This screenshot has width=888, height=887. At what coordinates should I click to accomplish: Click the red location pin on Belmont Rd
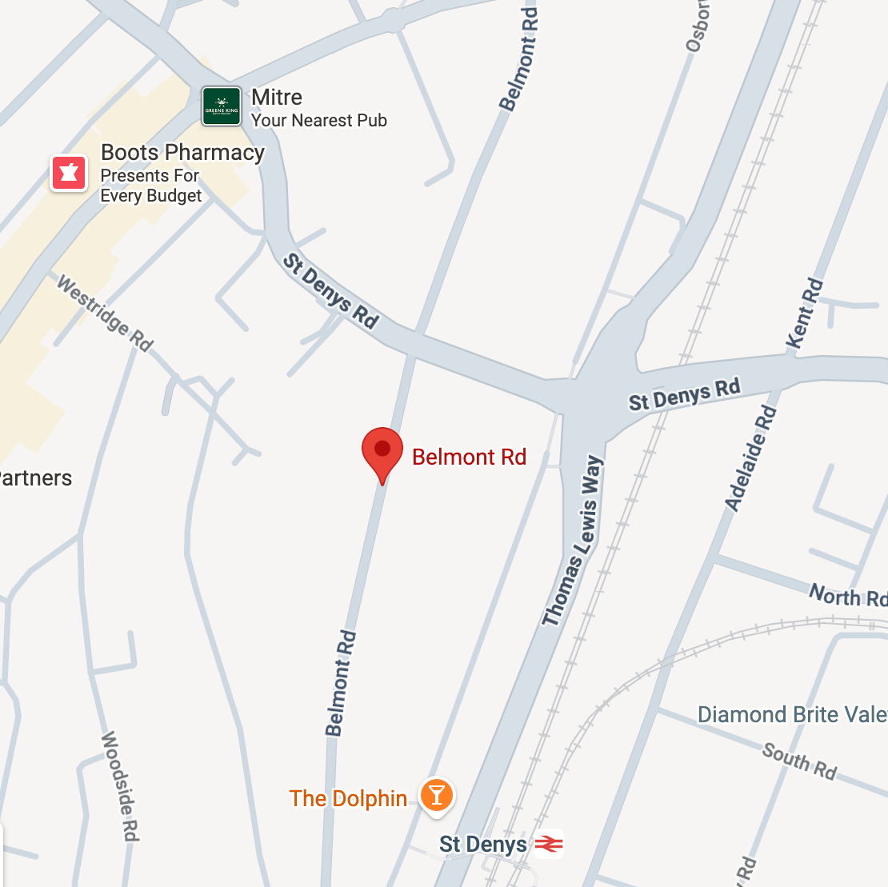pyautogui.click(x=382, y=450)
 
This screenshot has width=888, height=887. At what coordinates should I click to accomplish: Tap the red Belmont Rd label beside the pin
pyautogui.click(x=469, y=457)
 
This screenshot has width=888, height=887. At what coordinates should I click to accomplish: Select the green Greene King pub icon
pyautogui.click(x=222, y=106)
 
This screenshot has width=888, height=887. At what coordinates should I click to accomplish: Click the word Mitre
pyautogui.click(x=277, y=98)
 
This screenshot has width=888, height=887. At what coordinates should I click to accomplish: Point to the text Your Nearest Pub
pyautogui.click(x=318, y=121)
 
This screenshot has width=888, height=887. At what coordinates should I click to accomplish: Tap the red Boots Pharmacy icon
pyautogui.click(x=69, y=173)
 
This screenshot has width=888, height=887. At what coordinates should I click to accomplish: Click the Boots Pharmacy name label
pyautogui.click(x=182, y=153)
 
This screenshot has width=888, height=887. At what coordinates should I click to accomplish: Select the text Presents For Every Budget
pyautogui.click(x=150, y=186)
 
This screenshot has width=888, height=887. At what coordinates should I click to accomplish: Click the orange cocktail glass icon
pyautogui.click(x=436, y=795)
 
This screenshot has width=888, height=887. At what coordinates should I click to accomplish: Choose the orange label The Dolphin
pyautogui.click(x=348, y=798)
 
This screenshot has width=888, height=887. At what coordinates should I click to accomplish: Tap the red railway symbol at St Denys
pyautogui.click(x=549, y=844)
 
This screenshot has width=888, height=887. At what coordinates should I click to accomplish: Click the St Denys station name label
pyautogui.click(x=483, y=845)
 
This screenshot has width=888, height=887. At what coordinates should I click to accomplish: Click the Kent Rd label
pyautogui.click(x=805, y=313)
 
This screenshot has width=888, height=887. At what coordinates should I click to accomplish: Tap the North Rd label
pyautogui.click(x=847, y=596)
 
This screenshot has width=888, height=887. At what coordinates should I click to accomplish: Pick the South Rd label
pyautogui.click(x=799, y=761)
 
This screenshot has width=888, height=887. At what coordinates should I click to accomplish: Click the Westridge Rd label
pyautogui.click(x=104, y=314)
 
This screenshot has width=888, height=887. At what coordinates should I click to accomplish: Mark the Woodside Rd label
pyautogui.click(x=120, y=785)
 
